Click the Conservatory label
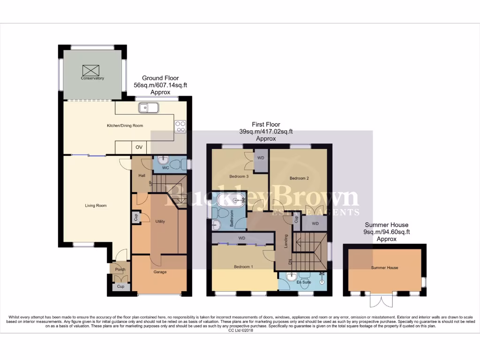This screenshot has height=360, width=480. click(x=92, y=78)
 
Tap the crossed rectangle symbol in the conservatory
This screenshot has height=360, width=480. click(x=91, y=70)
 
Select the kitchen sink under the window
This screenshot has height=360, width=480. click(x=149, y=108)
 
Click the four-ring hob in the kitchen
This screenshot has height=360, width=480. click(x=180, y=126)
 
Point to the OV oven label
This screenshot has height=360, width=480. click(x=139, y=147)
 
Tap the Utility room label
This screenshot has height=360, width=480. click(x=160, y=221)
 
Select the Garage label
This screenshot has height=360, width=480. click(x=160, y=272)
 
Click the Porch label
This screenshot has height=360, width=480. click(x=120, y=270)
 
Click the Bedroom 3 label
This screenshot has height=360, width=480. click(x=239, y=177)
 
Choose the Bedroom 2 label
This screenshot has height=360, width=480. click(x=299, y=178)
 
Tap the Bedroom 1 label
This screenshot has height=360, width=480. click(x=243, y=267)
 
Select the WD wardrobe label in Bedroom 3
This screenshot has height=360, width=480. click(x=261, y=158)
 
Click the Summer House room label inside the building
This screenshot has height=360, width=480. click(x=384, y=268)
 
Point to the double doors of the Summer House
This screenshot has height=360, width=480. click(x=380, y=300)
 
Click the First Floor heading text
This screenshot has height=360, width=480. click(x=266, y=125)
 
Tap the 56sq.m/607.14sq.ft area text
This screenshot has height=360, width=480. click(x=161, y=85)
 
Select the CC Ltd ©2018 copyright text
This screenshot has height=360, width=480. click(x=240, y=330)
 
